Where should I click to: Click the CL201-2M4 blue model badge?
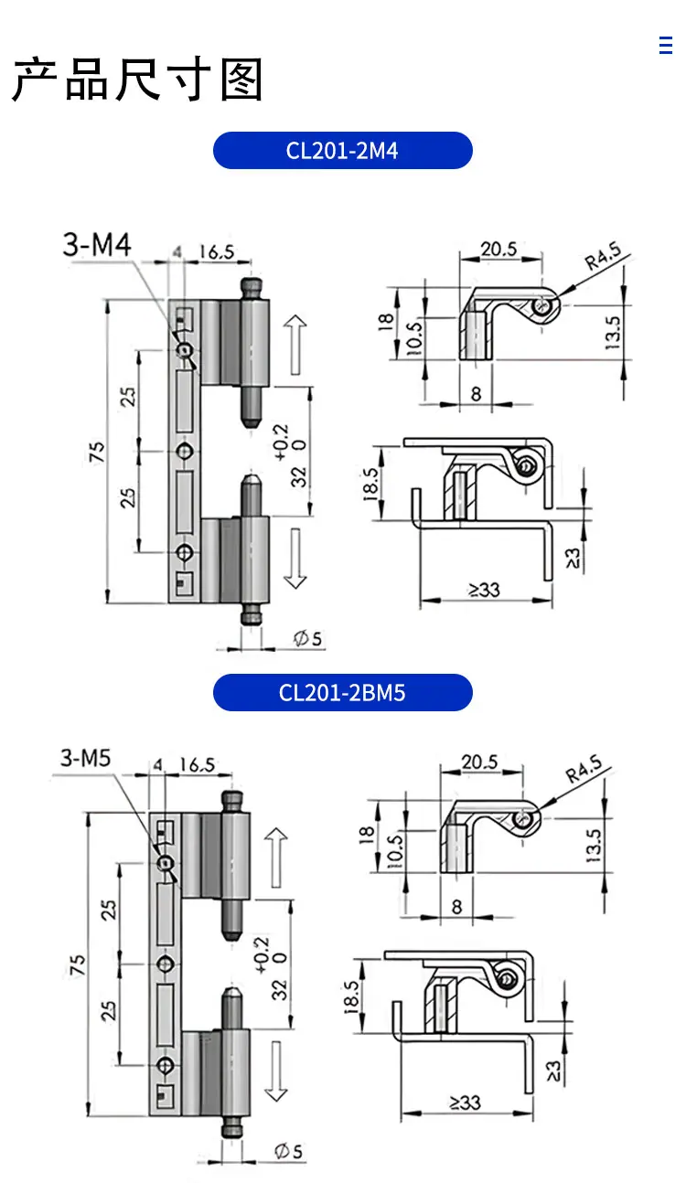(342, 151)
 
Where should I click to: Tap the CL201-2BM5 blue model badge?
(342, 692)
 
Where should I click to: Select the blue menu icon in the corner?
(666, 45)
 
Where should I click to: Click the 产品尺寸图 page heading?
(137, 80)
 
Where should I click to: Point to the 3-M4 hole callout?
(97, 244)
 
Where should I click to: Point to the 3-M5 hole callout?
(86, 758)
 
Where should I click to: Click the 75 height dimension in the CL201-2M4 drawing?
(97, 453)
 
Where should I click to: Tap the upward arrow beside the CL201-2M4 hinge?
(295, 345)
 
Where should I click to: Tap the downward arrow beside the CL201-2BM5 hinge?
(276, 1071)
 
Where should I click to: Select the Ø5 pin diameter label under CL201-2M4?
(307, 638)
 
